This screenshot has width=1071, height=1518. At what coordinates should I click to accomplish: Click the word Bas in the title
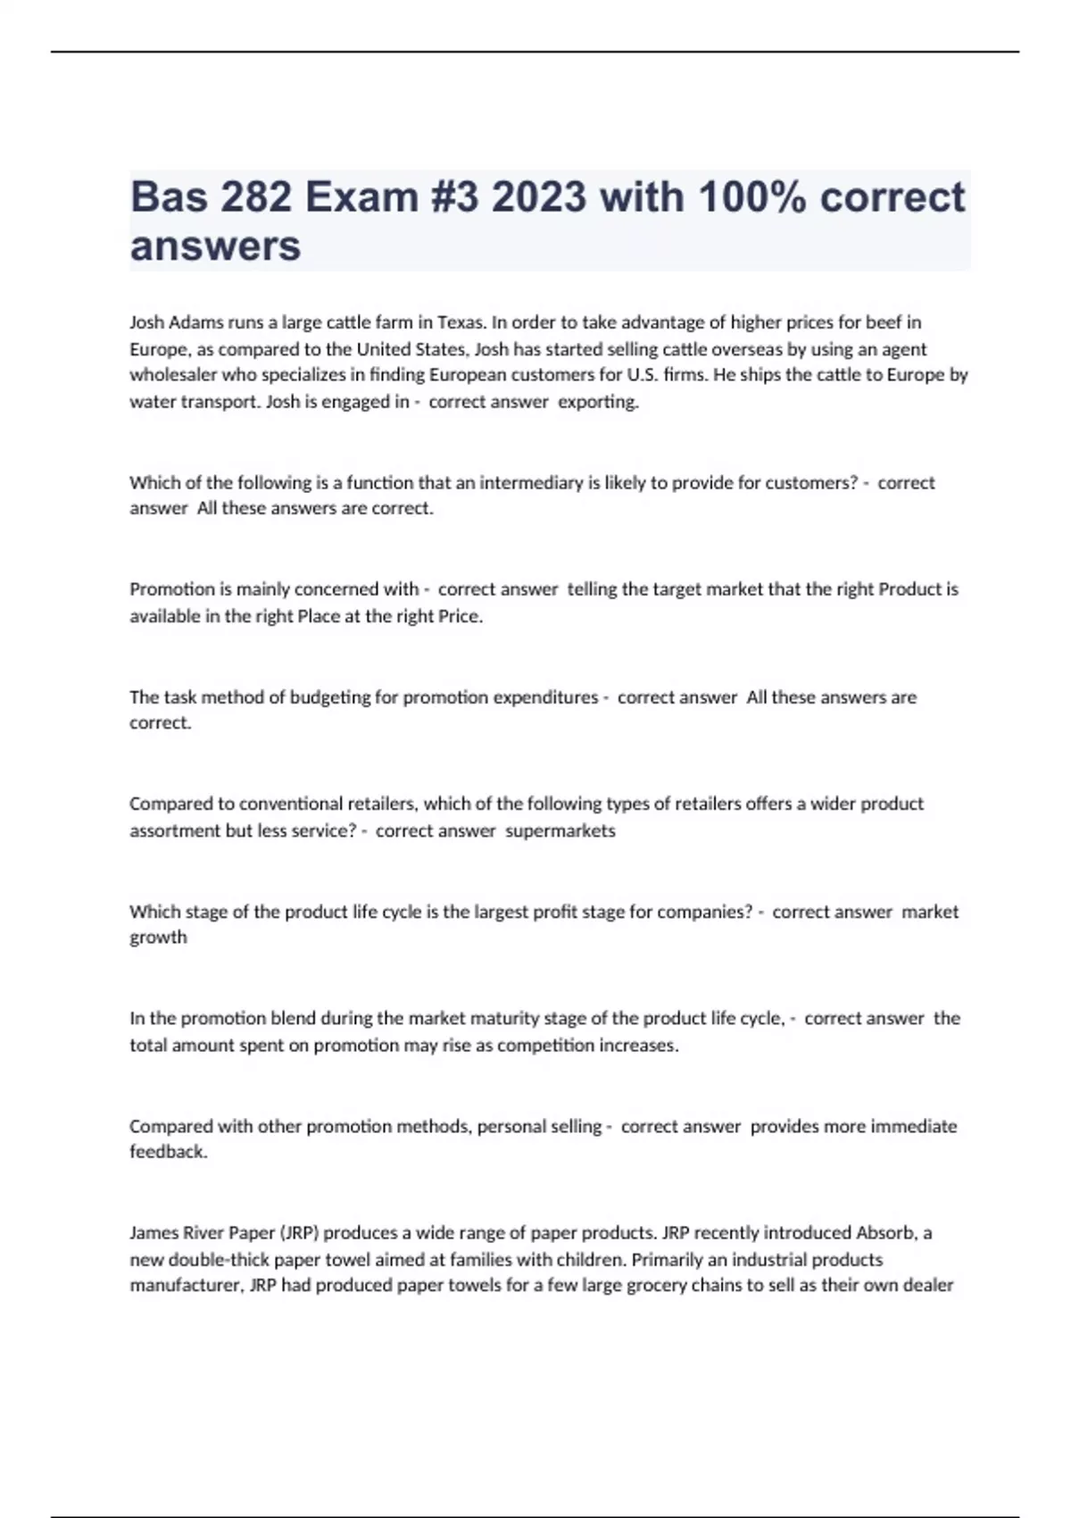click(x=166, y=197)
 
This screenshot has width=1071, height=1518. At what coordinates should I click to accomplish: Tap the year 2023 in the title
click(x=539, y=197)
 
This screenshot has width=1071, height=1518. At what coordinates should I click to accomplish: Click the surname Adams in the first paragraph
click(x=196, y=322)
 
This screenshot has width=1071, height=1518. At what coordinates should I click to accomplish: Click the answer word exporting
click(x=598, y=402)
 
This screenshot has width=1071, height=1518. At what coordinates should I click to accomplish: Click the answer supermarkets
click(x=560, y=831)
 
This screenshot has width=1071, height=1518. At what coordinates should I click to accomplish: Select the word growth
click(x=159, y=938)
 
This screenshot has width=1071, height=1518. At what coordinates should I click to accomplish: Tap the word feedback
click(x=168, y=1152)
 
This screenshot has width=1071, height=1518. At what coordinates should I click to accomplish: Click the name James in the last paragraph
click(x=154, y=1233)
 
